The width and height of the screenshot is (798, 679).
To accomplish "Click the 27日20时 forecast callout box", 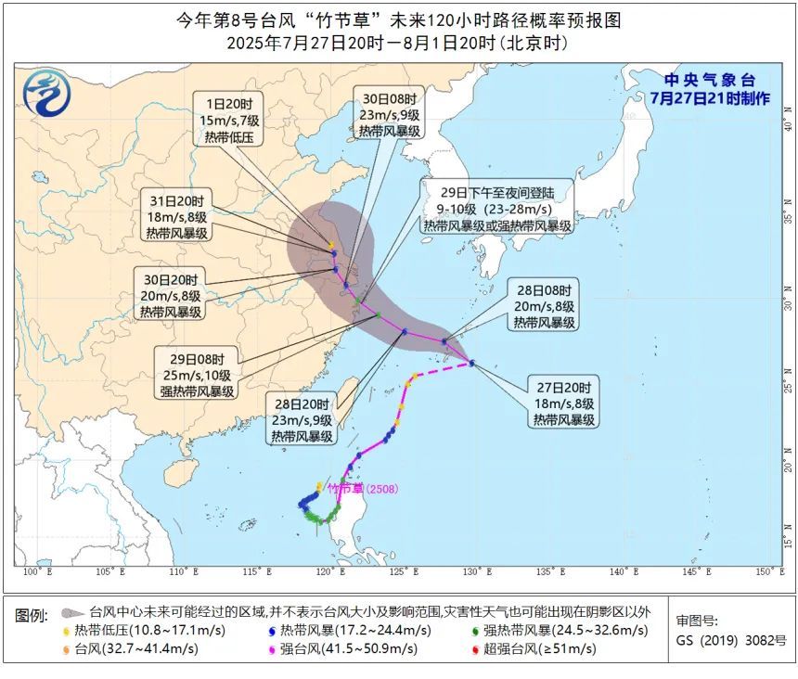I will (x=562, y=403).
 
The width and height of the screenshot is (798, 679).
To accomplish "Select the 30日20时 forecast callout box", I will (x=171, y=296).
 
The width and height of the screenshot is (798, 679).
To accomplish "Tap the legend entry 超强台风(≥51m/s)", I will (x=543, y=649).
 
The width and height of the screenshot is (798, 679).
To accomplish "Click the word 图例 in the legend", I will (x=32, y=615).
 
